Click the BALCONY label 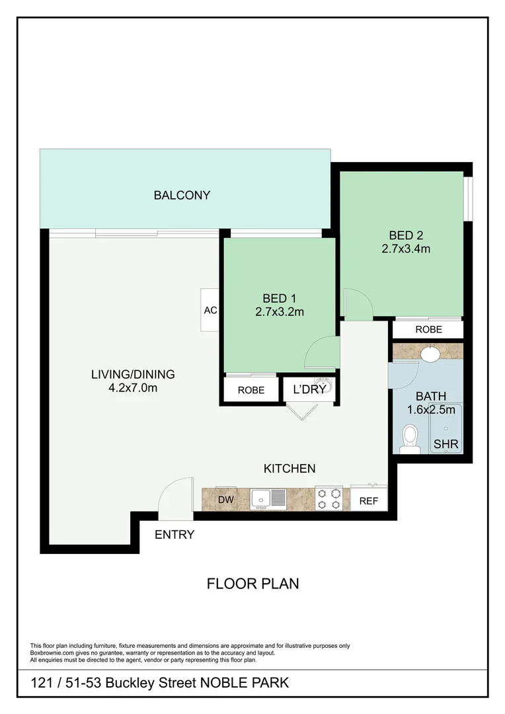point(182,195)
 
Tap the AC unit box point(210,309)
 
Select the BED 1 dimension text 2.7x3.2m point(280,312)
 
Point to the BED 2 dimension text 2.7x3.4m point(406,249)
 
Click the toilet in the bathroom point(410,438)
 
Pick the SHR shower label point(446,444)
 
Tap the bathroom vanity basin point(431,354)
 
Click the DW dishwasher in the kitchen point(226,500)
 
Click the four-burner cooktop point(330,498)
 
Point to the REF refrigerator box point(368,500)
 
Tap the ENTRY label point(175,534)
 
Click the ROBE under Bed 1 point(251,390)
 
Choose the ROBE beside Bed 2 point(428,329)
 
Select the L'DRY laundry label point(309,389)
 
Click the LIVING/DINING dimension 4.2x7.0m point(133,388)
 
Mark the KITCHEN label point(290,468)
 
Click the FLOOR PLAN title point(253,584)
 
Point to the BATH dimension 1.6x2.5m point(431,410)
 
